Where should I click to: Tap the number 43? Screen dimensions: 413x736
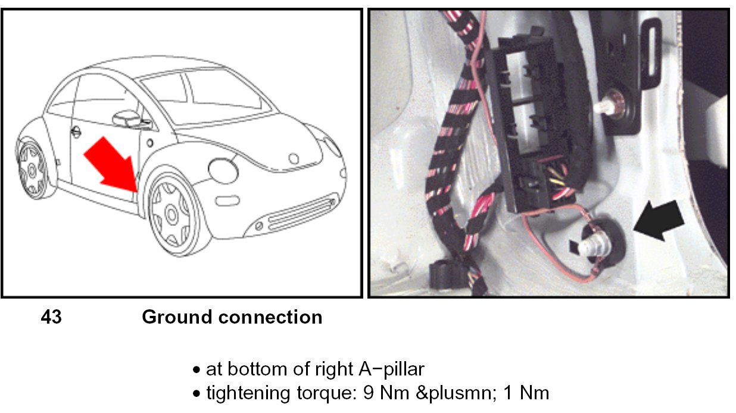[x=51, y=318]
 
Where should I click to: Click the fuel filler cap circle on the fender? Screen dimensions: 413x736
[x=223, y=170]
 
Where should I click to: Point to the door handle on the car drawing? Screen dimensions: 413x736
[x=76, y=132]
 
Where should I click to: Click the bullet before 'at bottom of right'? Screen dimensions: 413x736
[x=197, y=371]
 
